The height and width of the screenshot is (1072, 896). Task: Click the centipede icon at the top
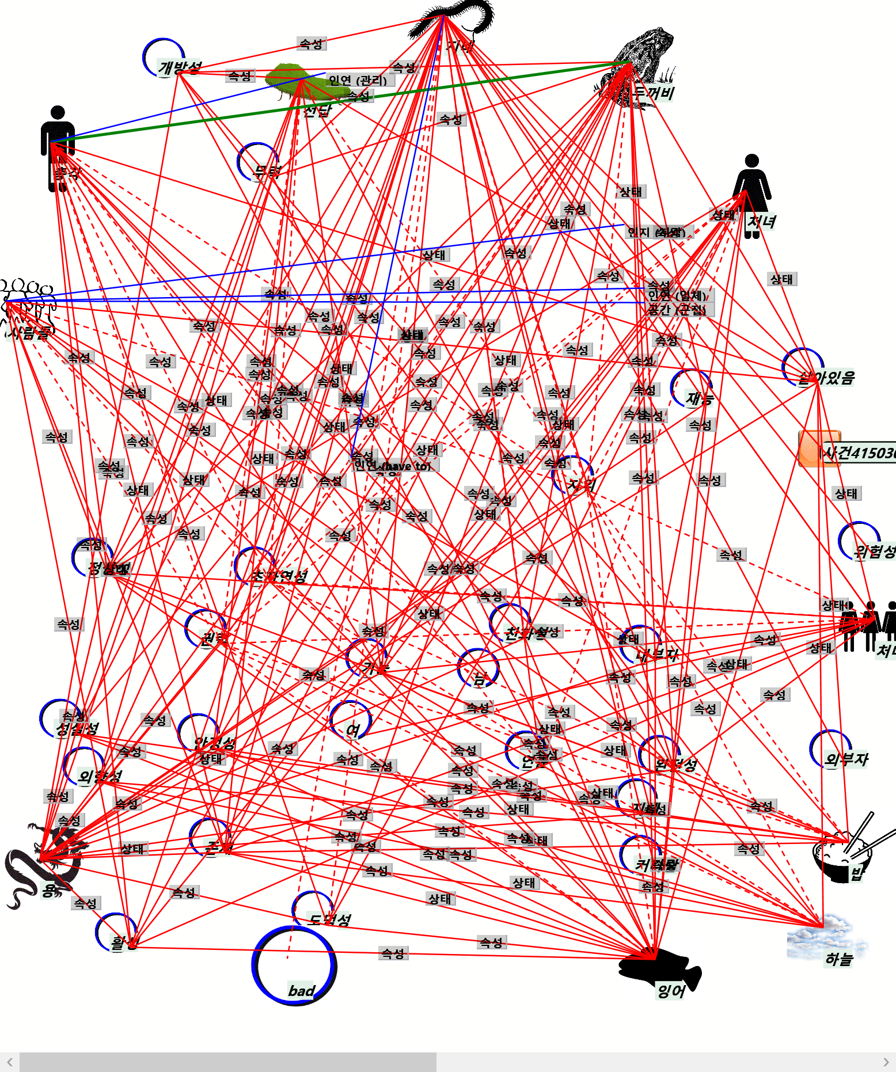pos(455,20)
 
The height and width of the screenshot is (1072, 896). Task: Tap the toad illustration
pos(639,63)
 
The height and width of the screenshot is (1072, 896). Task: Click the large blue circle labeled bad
pos(294,965)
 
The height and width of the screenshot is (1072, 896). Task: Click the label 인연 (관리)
pos(358,80)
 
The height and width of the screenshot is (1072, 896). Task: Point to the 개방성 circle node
pos(164,58)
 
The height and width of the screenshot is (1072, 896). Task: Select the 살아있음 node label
pos(826,378)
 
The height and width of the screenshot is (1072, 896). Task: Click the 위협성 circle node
pos(859,541)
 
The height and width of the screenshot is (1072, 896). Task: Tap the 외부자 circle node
pos(830,748)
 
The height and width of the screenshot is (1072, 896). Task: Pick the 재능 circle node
pos(691,389)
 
